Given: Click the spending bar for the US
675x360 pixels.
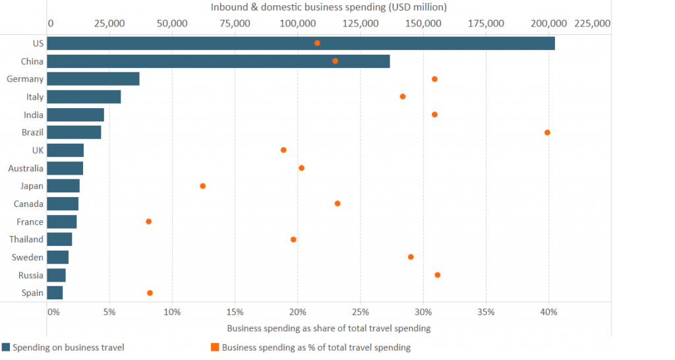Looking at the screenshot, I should tap(301, 44).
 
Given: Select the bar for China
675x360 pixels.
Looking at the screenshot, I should tap(218, 61).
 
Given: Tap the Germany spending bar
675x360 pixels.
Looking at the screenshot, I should tap(93, 79).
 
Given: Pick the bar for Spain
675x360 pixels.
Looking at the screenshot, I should tap(55, 293).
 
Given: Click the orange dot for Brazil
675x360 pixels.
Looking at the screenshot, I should tap(547, 133).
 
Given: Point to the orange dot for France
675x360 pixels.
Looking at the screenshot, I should tap(148, 222).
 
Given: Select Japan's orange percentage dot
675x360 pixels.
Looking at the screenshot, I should tap(202, 186).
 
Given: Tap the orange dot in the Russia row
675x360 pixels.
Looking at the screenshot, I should tap(437, 275).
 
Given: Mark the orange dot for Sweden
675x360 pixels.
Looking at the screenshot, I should tap(411, 257).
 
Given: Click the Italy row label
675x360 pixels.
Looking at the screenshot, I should tap(35, 97).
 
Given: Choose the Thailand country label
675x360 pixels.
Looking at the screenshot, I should tap(26, 239).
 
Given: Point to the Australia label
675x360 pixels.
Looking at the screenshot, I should tap(26, 168).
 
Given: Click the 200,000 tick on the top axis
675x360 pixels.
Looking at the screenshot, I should tap(548, 24).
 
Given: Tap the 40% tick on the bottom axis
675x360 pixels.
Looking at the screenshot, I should tap(548, 311).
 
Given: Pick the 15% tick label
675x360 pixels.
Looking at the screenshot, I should tap(235, 311).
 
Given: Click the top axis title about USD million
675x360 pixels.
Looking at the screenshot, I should tap(328, 7).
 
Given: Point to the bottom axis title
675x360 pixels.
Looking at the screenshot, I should tap(328, 328).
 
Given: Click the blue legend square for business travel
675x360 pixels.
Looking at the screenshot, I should tap(6, 347).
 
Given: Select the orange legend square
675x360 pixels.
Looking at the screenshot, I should tap(215, 347).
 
